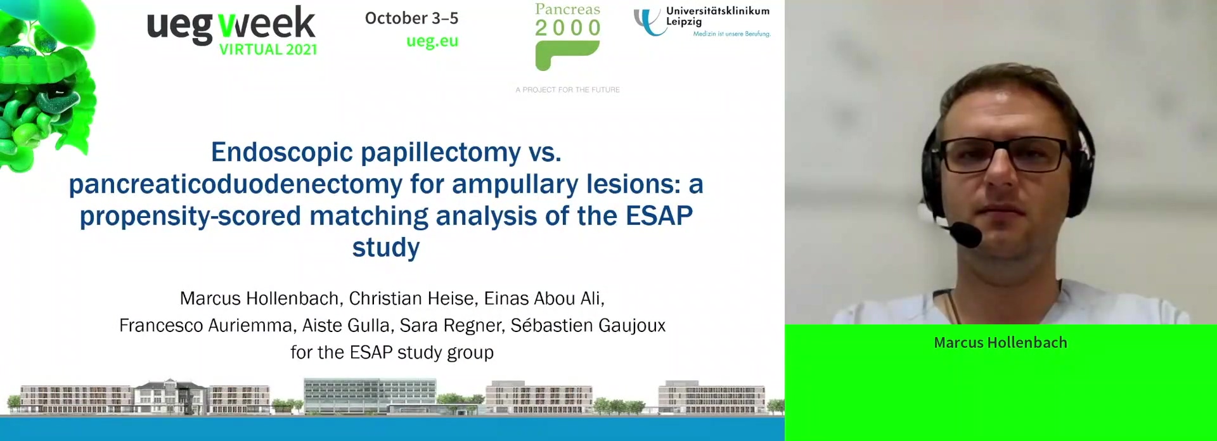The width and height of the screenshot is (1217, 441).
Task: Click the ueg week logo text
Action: (x=231, y=25)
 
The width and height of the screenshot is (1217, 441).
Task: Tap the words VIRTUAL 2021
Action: (x=268, y=49)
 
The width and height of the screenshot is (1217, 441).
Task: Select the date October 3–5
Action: (x=411, y=18)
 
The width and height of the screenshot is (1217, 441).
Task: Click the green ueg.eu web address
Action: (x=432, y=41)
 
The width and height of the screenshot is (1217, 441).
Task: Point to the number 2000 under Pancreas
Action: (x=568, y=28)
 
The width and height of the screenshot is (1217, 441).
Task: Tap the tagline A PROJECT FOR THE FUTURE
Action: (x=567, y=90)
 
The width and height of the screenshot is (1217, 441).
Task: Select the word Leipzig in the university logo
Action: (x=684, y=22)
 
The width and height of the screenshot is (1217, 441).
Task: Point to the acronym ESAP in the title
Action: (x=659, y=216)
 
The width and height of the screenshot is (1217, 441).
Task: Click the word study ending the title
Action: (x=386, y=248)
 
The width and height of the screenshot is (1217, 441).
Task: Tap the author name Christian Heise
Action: (x=411, y=298)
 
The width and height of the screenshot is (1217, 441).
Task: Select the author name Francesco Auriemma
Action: (x=205, y=325)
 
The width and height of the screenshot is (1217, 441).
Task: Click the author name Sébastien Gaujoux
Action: (x=588, y=325)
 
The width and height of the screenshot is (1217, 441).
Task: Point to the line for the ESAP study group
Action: (x=392, y=352)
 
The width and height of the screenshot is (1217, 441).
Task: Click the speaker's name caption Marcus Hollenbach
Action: (x=1000, y=343)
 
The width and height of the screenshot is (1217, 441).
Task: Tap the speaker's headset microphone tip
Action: (x=966, y=235)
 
